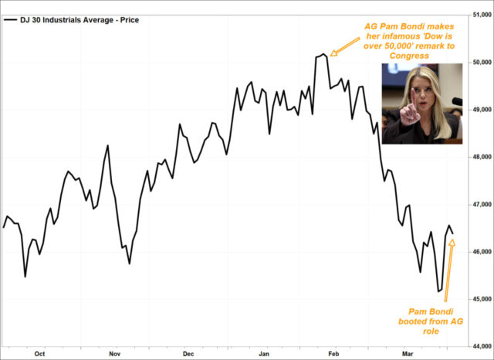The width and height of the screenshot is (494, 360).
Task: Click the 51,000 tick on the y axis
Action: [480, 15]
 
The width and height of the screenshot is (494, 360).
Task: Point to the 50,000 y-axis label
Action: [480, 62]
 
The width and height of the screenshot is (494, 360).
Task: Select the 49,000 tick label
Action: [480, 110]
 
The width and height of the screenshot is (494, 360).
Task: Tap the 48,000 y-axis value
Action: [480, 157]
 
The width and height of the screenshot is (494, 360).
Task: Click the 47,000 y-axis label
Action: [480, 205]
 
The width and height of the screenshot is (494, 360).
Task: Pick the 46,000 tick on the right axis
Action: [480, 252]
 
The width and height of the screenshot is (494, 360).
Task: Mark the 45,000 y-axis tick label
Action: [480, 299]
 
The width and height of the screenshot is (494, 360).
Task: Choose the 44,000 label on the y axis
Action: [480, 346]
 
